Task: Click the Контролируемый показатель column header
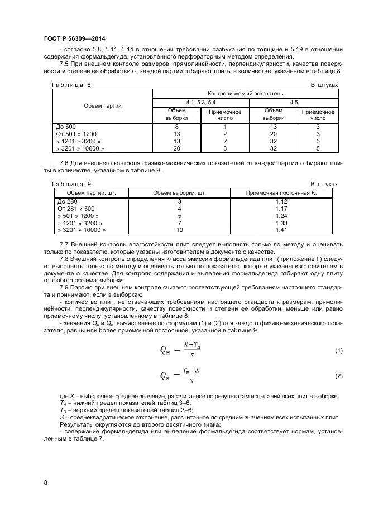click(x=245, y=93)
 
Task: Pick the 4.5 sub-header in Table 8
click(x=293, y=103)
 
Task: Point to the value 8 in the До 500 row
click(x=176, y=127)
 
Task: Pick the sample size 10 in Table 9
click(x=179, y=230)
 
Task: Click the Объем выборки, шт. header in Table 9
click(x=179, y=192)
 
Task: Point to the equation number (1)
click(x=338, y=350)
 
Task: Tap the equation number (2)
click(x=338, y=376)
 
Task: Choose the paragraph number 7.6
click(x=64, y=162)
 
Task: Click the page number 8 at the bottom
click(x=45, y=483)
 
